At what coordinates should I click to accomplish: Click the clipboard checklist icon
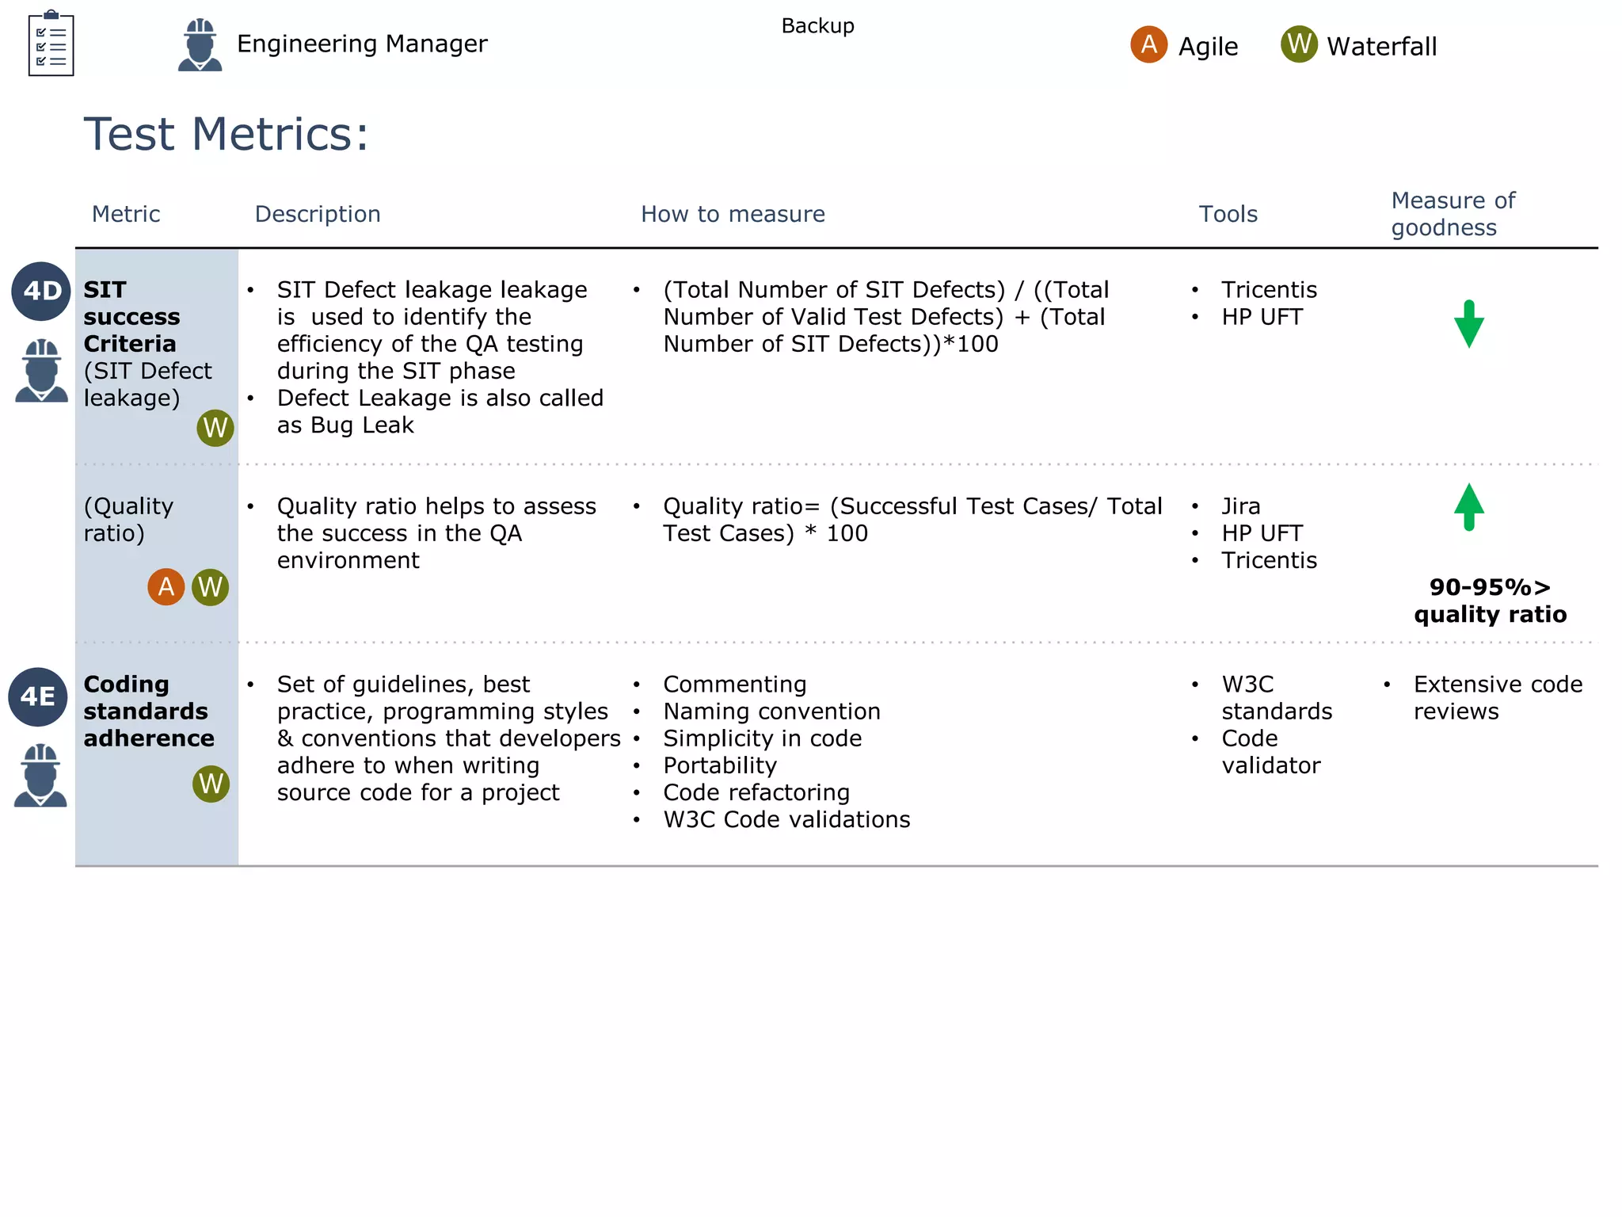(x=51, y=44)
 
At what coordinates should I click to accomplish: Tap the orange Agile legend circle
(x=1148, y=44)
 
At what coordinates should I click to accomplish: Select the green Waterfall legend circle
(x=1299, y=44)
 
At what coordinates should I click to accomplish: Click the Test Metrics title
(x=227, y=134)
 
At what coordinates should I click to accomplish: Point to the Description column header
(x=318, y=214)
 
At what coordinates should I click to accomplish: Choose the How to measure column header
(x=733, y=214)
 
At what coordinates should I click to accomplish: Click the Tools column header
(x=1228, y=214)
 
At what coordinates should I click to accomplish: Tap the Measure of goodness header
(x=1453, y=214)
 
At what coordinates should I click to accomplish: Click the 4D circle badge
(x=41, y=291)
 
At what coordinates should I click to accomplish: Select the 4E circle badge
(x=38, y=696)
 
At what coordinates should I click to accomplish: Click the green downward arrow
(x=1469, y=324)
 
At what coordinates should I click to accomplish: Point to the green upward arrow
(x=1469, y=506)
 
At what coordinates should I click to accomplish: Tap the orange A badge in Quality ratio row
(x=166, y=587)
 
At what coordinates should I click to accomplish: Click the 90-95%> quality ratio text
(x=1490, y=601)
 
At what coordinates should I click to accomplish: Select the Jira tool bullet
(x=1240, y=506)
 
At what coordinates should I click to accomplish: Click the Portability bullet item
(x=720, y=765)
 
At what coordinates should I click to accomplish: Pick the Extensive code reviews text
(x=1497, y=697)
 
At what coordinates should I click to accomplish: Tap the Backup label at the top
(x=817, y=26)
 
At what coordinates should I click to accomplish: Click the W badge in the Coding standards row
(x=211, y=784)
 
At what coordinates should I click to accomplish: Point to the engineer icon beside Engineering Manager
(x=200, y=45)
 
